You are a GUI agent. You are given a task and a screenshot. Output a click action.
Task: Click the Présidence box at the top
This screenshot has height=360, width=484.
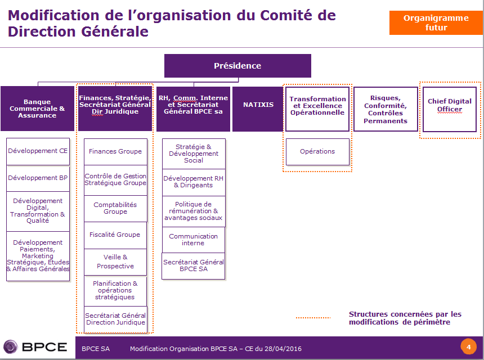click(x=237, y=66)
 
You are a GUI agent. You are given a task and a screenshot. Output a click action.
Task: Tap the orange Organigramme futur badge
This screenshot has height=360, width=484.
click(x=436, y=22)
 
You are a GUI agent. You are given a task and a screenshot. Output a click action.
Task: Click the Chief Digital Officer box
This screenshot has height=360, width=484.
click(x=450, y=109)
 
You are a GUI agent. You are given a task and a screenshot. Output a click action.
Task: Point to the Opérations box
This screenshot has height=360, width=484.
click(x=317, y=151)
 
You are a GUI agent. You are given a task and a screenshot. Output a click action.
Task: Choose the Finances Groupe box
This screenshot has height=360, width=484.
click(x=115, y=151)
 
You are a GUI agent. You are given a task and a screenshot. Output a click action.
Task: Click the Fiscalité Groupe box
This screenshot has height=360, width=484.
click(x=115, y=235)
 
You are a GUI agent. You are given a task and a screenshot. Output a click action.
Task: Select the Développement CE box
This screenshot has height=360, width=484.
click(x=38, y=151)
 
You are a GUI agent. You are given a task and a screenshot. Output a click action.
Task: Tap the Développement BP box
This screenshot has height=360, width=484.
click(x=38, y=178)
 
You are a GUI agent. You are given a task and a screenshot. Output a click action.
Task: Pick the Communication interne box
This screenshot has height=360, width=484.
click(x=193, y=240)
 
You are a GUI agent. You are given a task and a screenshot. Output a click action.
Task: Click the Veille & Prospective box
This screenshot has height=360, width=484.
click(x=115, y=262)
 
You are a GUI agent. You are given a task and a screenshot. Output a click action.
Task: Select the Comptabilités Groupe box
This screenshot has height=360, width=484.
click(x=115, y=208)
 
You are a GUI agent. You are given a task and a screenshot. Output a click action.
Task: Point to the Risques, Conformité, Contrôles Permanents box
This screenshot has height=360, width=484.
click(x=386, y=109)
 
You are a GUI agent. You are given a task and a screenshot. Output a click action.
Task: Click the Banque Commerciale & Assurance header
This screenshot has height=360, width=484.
click(x=37, y=109)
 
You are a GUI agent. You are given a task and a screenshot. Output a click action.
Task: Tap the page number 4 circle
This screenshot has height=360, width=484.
click(x=468, y=346)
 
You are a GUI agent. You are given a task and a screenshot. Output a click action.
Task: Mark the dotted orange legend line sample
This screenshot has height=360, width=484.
click(x=313, y=318)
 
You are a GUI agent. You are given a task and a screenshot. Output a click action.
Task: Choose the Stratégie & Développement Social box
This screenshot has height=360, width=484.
click(x=193, y=154)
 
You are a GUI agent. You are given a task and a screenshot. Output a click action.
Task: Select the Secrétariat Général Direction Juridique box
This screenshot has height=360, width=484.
click(x=115, y=319)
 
